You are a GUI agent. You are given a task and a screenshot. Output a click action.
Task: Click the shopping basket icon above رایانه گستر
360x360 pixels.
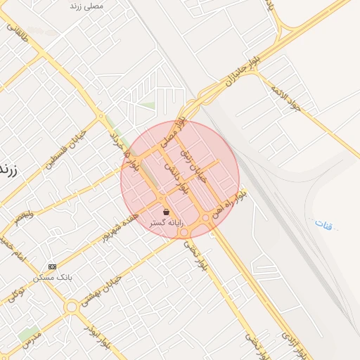(166, 212)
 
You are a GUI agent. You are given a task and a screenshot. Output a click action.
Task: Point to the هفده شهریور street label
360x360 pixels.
(115, 224)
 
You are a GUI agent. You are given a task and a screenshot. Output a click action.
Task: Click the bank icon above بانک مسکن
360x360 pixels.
(52, 266)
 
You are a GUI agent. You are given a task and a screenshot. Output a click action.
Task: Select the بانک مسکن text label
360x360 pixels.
(53, 277)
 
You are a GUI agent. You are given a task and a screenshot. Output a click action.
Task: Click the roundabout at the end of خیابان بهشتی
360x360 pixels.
(71, 307)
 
